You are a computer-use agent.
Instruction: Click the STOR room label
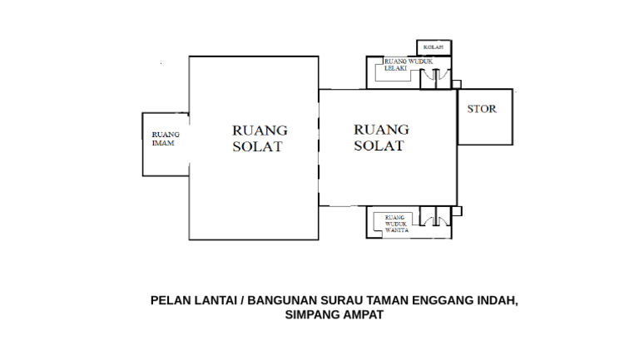(482, 110)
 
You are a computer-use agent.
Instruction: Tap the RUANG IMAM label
(165, 138)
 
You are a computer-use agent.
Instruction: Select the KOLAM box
(433, 47)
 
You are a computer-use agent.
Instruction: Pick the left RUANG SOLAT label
(259, 139)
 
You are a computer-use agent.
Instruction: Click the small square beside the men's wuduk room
(455, 83)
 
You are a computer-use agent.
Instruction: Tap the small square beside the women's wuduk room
(455, 212)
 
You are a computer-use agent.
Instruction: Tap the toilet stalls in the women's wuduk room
(430, 220)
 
